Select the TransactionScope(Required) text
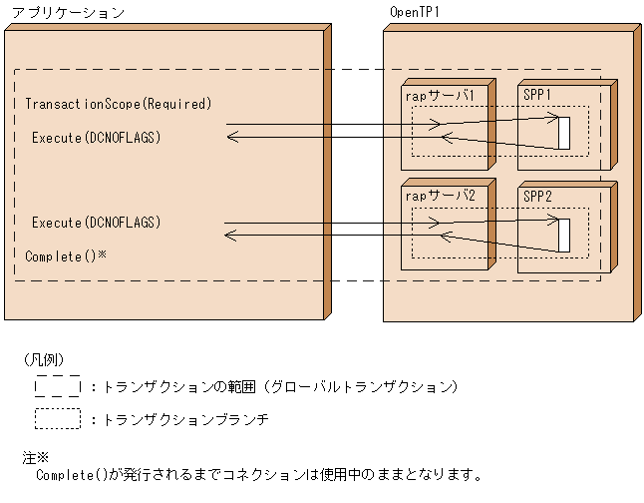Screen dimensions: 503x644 point(118,104)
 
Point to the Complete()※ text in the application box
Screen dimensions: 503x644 point(66,256)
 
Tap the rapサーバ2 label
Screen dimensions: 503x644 point(440,196)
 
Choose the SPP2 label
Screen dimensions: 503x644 point(537,196)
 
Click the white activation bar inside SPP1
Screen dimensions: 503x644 point(563,133)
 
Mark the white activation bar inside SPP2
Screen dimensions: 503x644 point(563,235)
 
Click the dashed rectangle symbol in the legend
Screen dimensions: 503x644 point(58,385)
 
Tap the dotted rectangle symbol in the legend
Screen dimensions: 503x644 point(58,419)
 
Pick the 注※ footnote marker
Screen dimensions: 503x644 point(35,457)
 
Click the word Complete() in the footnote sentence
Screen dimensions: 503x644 point(69,475)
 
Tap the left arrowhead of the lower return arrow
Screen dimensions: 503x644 point(230,236)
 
